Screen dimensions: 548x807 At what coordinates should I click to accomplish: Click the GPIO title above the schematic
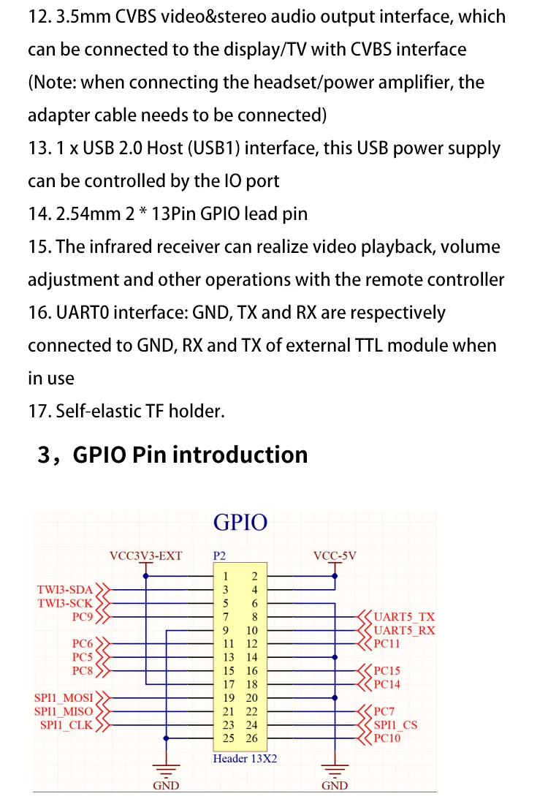click(x=240, y=523)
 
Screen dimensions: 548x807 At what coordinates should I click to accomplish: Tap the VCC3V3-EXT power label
click(x=145, y=556)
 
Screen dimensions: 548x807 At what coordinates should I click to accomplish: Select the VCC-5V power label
click(x=335, y=556)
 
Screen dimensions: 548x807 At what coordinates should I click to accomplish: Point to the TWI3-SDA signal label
click(x=65, y=590)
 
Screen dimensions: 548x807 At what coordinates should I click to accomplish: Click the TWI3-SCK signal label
click(x=65, y=603)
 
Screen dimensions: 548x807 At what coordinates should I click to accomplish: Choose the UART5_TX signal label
click(x=404, y=616)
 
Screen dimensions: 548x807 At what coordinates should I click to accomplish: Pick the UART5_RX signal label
click(x=404, y=630)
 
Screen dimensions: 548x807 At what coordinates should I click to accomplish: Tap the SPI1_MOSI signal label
click(x=64, y=698)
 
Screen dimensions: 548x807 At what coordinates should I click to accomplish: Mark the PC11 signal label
click(x=387, y=643)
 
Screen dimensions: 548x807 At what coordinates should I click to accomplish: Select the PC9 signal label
click(x=83, y=616)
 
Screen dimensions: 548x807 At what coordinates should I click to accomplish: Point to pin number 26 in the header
click(x=251, y=738)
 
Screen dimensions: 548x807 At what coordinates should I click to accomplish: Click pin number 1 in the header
click(x=225, y=577)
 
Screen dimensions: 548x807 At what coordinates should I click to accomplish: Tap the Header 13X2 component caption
click(x=245, y=759)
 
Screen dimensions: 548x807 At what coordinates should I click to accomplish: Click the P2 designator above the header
click(x=219, y=556)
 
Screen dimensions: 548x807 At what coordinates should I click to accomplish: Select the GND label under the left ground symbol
click(x=166, y=785)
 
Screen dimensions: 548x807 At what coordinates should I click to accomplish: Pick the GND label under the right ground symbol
click(x=335, y=785)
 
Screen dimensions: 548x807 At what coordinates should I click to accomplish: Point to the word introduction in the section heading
click(x=240, y=455)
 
